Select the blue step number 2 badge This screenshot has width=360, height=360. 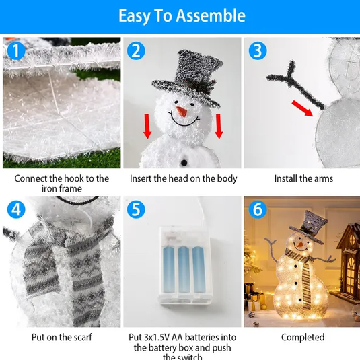[137, 51]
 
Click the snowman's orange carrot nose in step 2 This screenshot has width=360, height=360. [180, 109]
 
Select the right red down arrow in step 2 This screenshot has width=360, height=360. [218, 126]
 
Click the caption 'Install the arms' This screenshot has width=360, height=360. [303, 179]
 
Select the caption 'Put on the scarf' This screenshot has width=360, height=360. [61, 337]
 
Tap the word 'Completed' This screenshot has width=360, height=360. [303, 337]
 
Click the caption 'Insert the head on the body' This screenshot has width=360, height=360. [182, 179]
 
